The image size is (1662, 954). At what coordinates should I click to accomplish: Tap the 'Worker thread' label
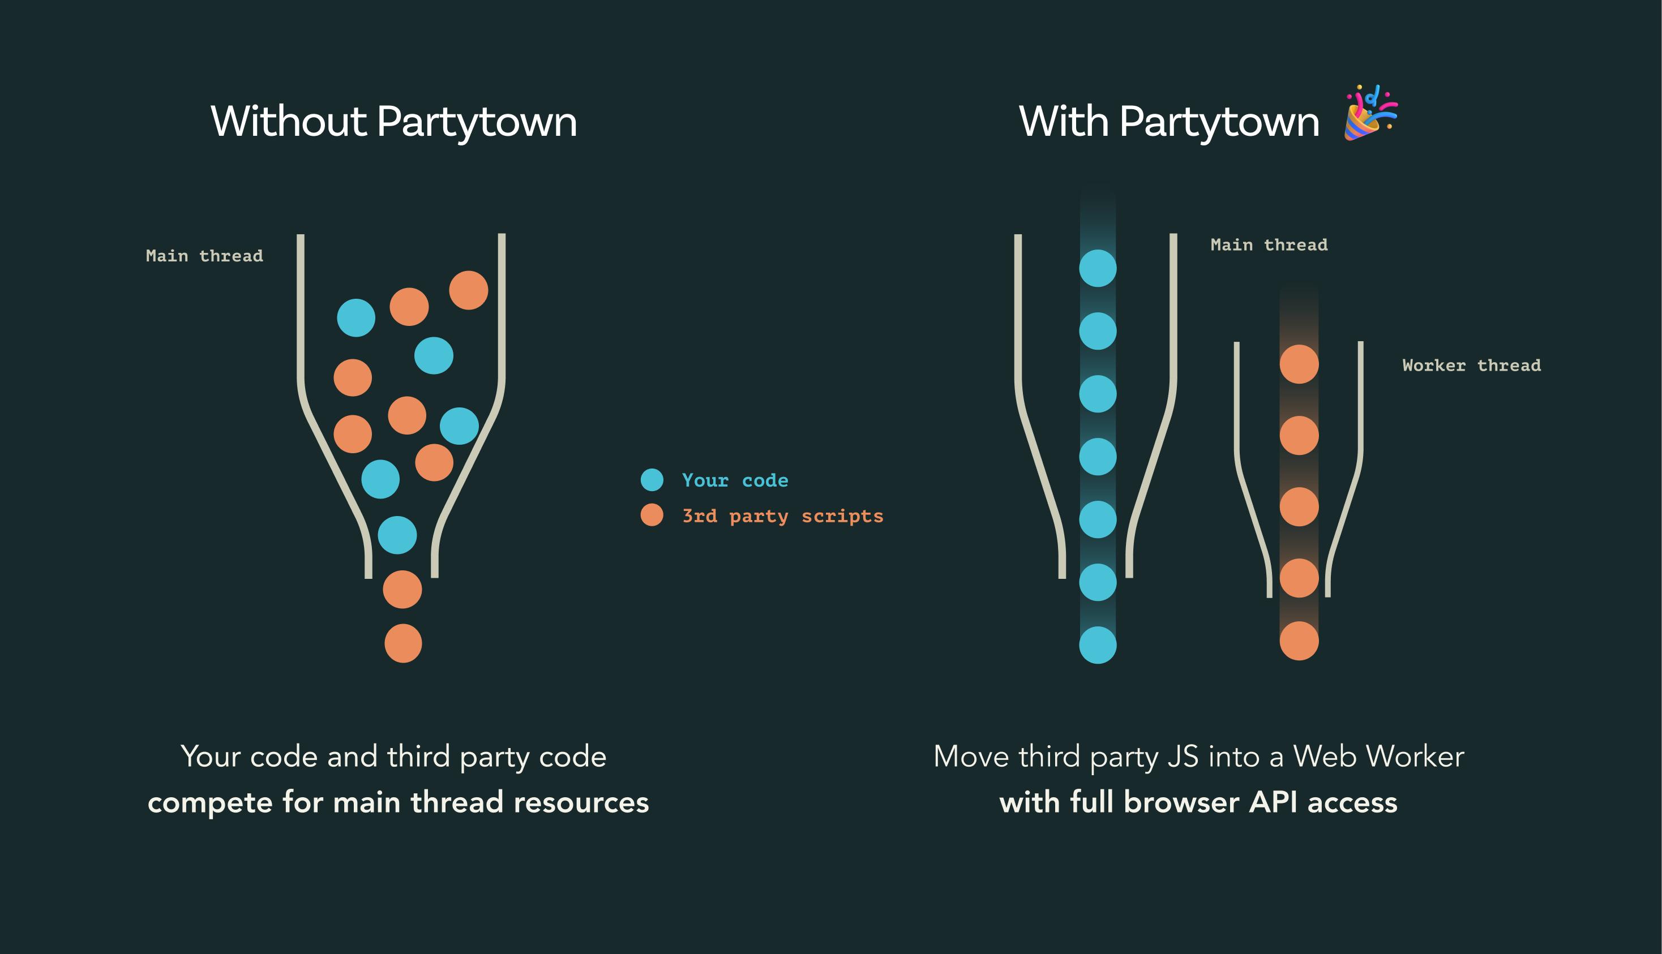(1471, 366)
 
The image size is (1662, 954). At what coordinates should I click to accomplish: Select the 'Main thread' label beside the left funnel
(204, 256)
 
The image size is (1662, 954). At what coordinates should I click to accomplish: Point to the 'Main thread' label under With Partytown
(1269, 245)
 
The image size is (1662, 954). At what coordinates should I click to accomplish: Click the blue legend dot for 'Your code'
(652, 480)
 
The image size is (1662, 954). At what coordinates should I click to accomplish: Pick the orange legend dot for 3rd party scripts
(652, 515)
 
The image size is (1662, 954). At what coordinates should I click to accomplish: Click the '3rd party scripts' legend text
(782, 516)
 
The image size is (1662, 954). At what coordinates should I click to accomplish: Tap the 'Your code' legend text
(735, 480)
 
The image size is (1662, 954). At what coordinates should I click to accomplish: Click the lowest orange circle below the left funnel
(403, 643)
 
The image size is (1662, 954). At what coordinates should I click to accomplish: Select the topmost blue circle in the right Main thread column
(1098, 268)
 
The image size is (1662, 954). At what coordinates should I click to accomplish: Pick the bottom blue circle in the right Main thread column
(1098, 644)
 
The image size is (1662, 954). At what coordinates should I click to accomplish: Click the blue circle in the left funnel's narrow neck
(397, 535)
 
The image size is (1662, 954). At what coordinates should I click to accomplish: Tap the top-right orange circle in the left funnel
(469, 290)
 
